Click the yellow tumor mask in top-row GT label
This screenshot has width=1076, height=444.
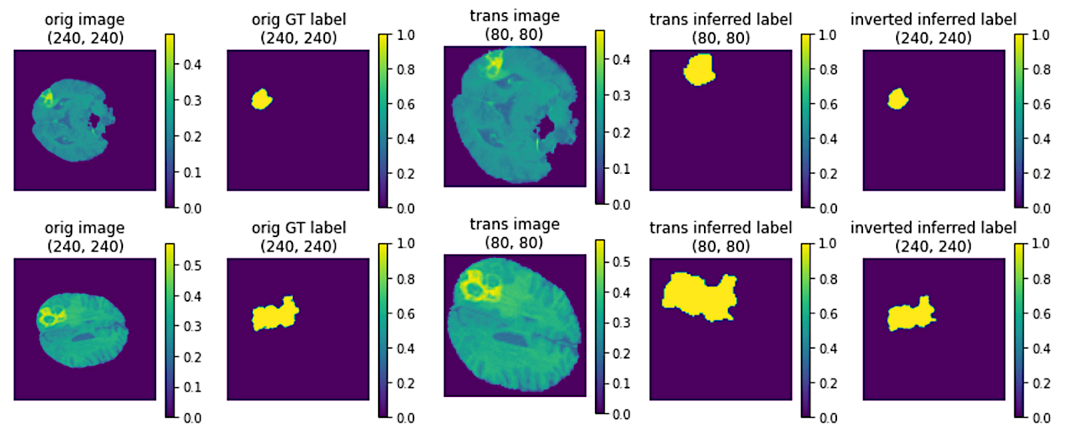(261, 99)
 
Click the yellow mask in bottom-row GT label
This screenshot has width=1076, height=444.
(274, 315)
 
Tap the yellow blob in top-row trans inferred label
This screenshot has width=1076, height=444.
(699, 70)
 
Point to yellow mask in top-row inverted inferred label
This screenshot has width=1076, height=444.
(898, 99)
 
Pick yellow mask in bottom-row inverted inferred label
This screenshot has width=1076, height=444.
(911, 315)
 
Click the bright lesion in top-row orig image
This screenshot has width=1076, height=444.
(47, 98)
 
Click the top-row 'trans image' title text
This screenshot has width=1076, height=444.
(514, 16)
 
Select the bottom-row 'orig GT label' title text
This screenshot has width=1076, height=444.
(299, 228)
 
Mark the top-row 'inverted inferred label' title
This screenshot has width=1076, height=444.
(933, 19)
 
